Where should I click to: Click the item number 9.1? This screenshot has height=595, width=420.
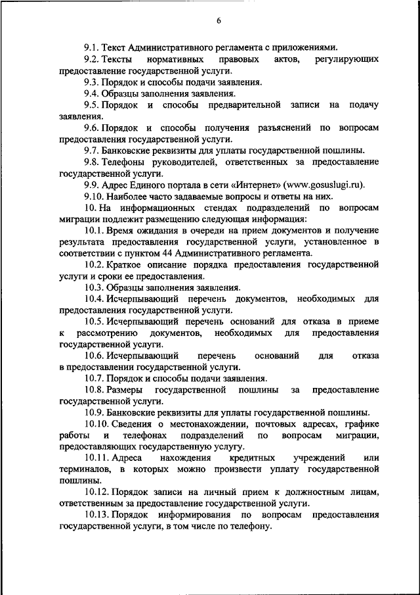pyautogui.click(x=92, y=48)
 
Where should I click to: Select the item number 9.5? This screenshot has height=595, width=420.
pyautogui.click(x=92, y=105)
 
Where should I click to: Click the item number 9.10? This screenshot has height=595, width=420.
pyautogui.click(x=94, y=197)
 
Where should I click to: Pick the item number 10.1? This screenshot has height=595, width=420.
pyautogui.click(x=94, y=231)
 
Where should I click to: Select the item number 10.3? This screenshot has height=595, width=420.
pyautogui.click(x=94, y=287)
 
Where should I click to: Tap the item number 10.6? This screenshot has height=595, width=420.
pyautogui.click(x=94, y=356)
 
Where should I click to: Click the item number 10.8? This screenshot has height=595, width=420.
pyautogui.click(x=94, y=390)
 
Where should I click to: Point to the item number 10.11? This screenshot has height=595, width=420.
pyautogui.click(x=96, y=458)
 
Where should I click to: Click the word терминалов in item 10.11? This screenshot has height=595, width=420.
pyautogui.click(x=84, y=469)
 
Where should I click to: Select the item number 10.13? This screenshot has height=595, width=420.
pyautogui.click(x=96, y=515)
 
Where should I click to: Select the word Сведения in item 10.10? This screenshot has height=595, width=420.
pyautogui.click(x=136, y=424)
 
